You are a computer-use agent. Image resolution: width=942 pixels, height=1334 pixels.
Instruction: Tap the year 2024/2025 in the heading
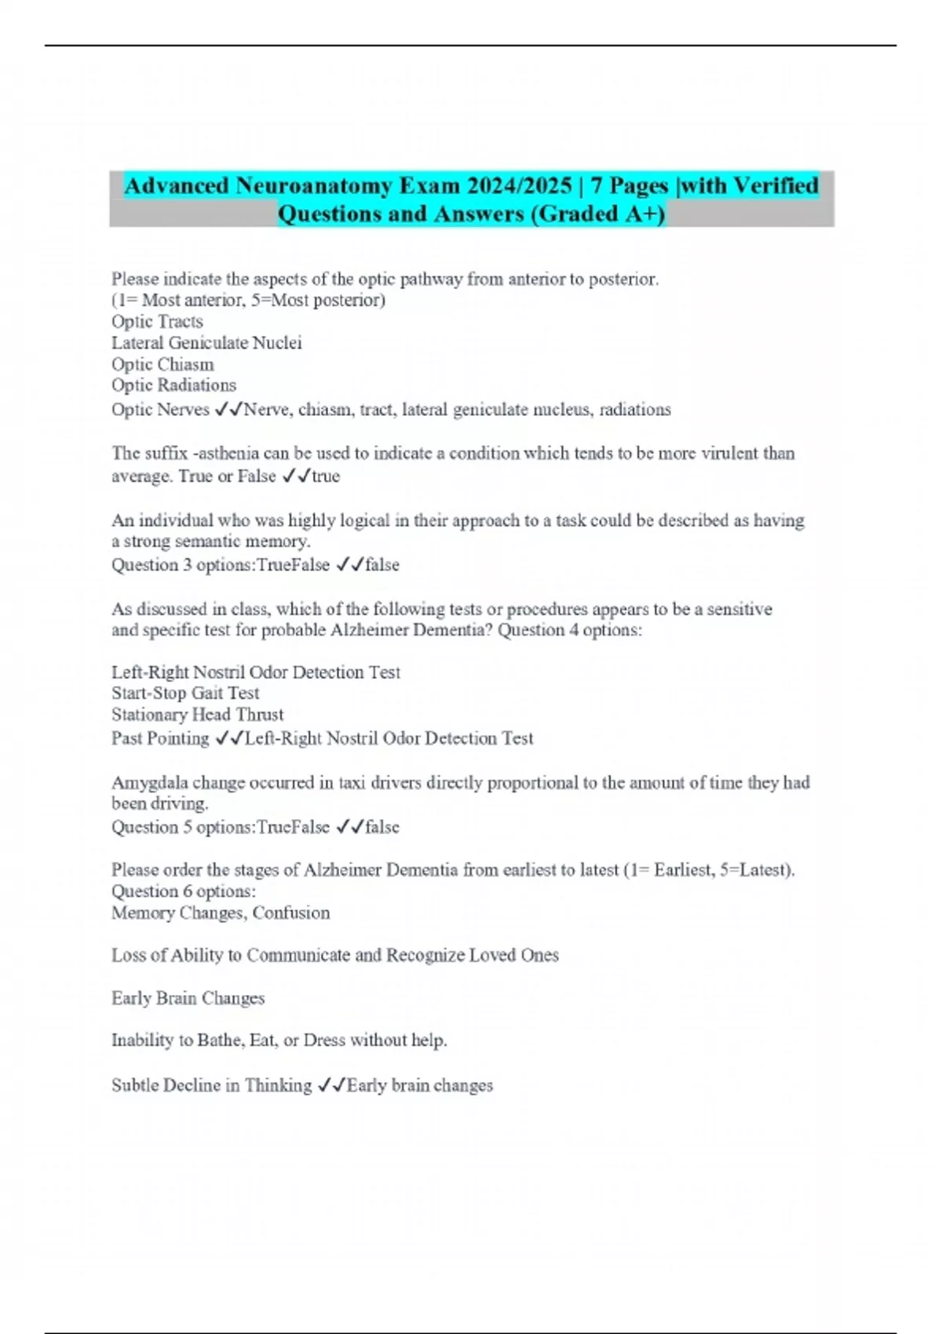click(518, 186)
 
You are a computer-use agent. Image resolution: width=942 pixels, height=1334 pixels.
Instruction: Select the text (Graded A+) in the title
click(597, 214)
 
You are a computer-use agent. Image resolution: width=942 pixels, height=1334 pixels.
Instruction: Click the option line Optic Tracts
click(157, 322)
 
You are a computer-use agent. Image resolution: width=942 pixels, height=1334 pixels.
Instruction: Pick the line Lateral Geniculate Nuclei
click(206, 343)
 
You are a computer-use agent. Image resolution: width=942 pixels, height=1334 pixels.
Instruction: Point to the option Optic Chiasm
click(162, 365)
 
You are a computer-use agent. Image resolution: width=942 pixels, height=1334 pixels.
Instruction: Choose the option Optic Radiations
click(173, 385)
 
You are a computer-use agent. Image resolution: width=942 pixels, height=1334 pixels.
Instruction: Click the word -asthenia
click(229, 454)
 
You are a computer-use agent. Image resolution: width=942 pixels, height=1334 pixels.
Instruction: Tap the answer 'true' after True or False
click(326, 476)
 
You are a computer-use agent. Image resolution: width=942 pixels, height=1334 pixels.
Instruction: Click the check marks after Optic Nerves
click(228, 410)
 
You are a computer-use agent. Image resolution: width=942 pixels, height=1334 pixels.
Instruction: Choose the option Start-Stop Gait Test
click(185, 693)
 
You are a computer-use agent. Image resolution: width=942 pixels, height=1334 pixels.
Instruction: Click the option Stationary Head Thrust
click(198, 715)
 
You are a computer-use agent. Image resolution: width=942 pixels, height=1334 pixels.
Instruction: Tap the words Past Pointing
click(160, 738)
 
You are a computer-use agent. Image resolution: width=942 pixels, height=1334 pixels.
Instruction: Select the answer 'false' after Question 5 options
click(382, 827)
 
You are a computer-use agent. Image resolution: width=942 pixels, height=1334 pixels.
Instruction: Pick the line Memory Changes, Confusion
click(221, 913)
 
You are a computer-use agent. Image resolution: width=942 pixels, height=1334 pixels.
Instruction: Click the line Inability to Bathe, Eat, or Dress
click(279, 1041)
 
